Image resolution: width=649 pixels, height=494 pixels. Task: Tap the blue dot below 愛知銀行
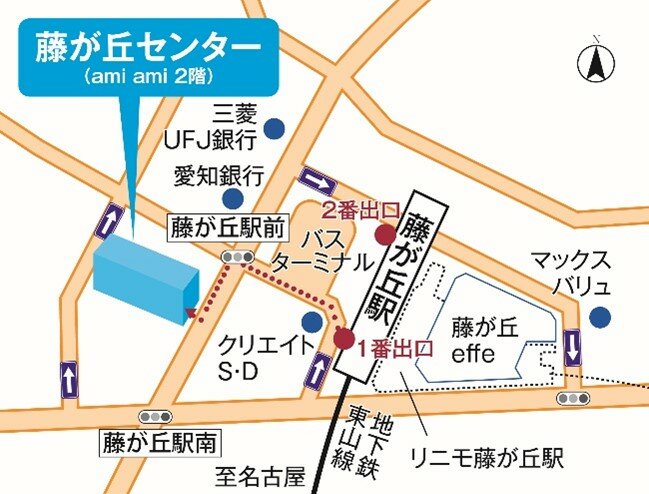coord(233,198)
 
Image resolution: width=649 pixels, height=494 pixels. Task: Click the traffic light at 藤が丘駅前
coord(238,258)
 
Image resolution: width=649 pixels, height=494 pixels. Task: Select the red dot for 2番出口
coord(384,235)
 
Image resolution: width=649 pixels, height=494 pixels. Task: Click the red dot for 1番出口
coord(344,338)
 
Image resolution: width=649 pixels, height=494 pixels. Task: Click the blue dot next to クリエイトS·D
coord(311,321)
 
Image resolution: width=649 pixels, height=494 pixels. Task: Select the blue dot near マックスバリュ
coord(599,318)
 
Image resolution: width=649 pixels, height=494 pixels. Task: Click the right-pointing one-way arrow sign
coord(319,181)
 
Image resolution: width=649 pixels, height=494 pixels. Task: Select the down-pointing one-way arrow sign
coord(572,349)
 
